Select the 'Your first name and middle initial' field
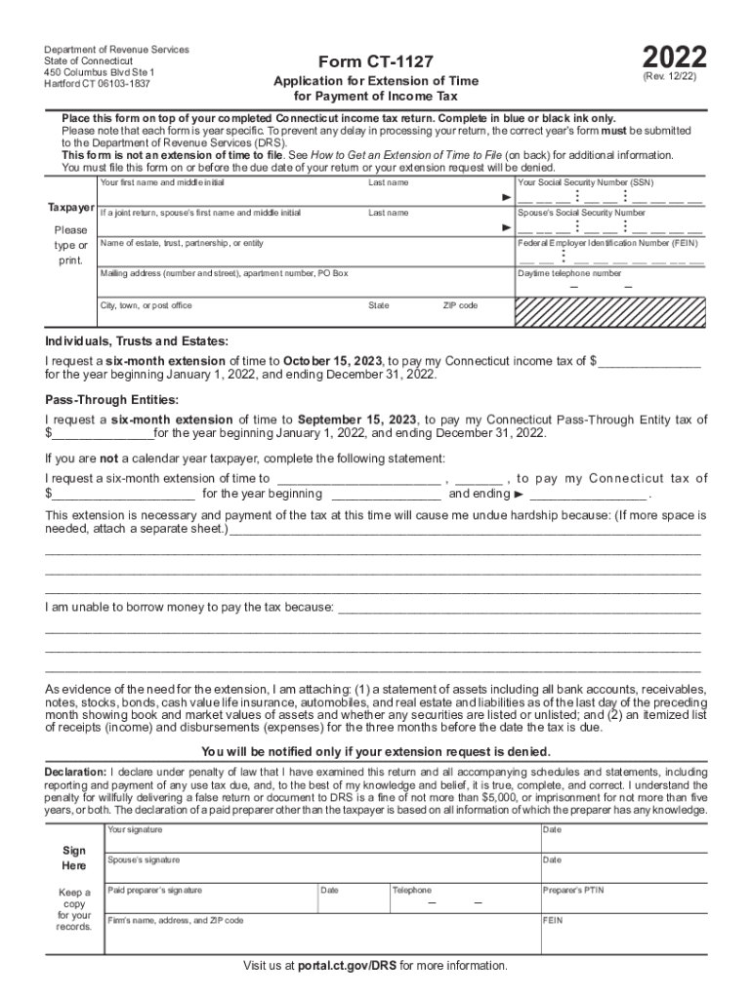[230, 195]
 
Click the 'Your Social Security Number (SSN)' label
[585, 182]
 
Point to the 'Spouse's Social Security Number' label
[581, 213]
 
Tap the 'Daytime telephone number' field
[609, 286]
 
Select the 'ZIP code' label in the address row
[460, 305]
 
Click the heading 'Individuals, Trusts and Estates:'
[137, 341]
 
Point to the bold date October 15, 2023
[329, 360]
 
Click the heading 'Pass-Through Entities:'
[111, 400]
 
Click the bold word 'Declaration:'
[76, 772]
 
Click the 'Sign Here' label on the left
[74, 858]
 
